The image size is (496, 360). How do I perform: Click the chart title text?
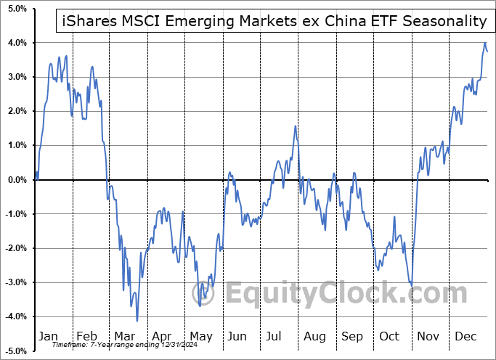[x=272, y=21]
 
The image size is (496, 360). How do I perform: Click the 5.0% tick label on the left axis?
[x=17, y=9]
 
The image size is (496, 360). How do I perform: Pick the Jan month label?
[x=47, y=337]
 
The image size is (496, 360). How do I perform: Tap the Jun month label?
[x=237, y=337]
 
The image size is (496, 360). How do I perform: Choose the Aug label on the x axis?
[x=315, y=337]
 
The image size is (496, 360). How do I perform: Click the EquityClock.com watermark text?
[x=346, y=294]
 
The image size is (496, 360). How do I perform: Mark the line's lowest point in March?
[x=137, y=320]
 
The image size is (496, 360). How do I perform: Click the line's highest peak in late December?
[x=484, y=43]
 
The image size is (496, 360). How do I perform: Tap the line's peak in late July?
[x=296, y=126]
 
